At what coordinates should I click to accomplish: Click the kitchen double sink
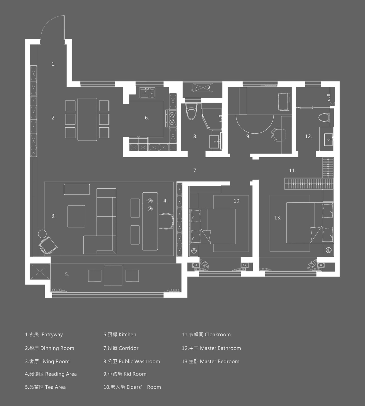pyautogui.click(x=147, y=93)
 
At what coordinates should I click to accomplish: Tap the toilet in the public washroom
pyautogui.click(x=191, y=112)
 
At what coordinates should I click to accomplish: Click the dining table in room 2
pyautogui.click(x=87, y=119)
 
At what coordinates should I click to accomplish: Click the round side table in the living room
pyautogui.click(x=42, y=233)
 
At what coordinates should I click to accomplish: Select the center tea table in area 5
pyautogui.click(x=113, y=275)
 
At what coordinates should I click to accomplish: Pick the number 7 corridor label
pyautogui.click(x=195, y=171)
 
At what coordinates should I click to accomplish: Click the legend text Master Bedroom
pyautogui.click(x=219, y=361)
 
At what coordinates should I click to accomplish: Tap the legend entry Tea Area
pyautogui.click(x=55, y=387)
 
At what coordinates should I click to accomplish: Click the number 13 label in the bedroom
pyautogui.click(x=277, y=218)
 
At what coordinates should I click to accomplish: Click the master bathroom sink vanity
pyautogui.click(x=328, y=140)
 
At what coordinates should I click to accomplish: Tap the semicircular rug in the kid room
pyautogui.click(x=255, y=123)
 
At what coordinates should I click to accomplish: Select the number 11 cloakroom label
pyautogui.click(x=292, y=171)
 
